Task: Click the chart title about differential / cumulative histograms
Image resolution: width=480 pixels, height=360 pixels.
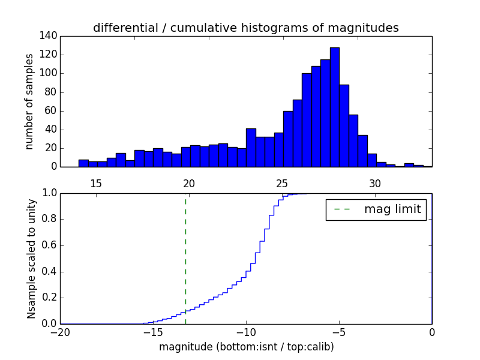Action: point(245,28)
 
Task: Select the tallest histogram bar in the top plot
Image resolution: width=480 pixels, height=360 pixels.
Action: point(334,108)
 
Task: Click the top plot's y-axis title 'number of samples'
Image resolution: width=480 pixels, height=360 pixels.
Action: point(29,101)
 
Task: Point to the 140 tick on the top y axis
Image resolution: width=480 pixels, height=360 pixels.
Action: point(49,36)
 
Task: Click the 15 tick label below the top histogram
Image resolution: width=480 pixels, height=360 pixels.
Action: point(96,183)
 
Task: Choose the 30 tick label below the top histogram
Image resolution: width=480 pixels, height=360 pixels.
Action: point(375,183)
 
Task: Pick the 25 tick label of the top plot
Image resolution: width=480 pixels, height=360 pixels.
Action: point(282,183)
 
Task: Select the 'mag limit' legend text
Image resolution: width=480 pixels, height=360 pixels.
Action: point(392,210)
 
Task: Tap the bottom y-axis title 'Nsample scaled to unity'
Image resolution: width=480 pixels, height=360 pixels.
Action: point(31,259)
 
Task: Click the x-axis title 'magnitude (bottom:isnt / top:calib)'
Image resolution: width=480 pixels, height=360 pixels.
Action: point(246,347)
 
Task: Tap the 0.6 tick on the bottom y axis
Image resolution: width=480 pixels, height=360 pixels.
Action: point(49,245)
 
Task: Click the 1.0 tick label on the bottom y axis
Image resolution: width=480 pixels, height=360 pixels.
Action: point(49,193)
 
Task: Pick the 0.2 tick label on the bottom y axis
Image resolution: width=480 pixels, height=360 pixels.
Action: point(49,298)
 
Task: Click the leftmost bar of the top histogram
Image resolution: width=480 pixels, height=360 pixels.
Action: point(83,163)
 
